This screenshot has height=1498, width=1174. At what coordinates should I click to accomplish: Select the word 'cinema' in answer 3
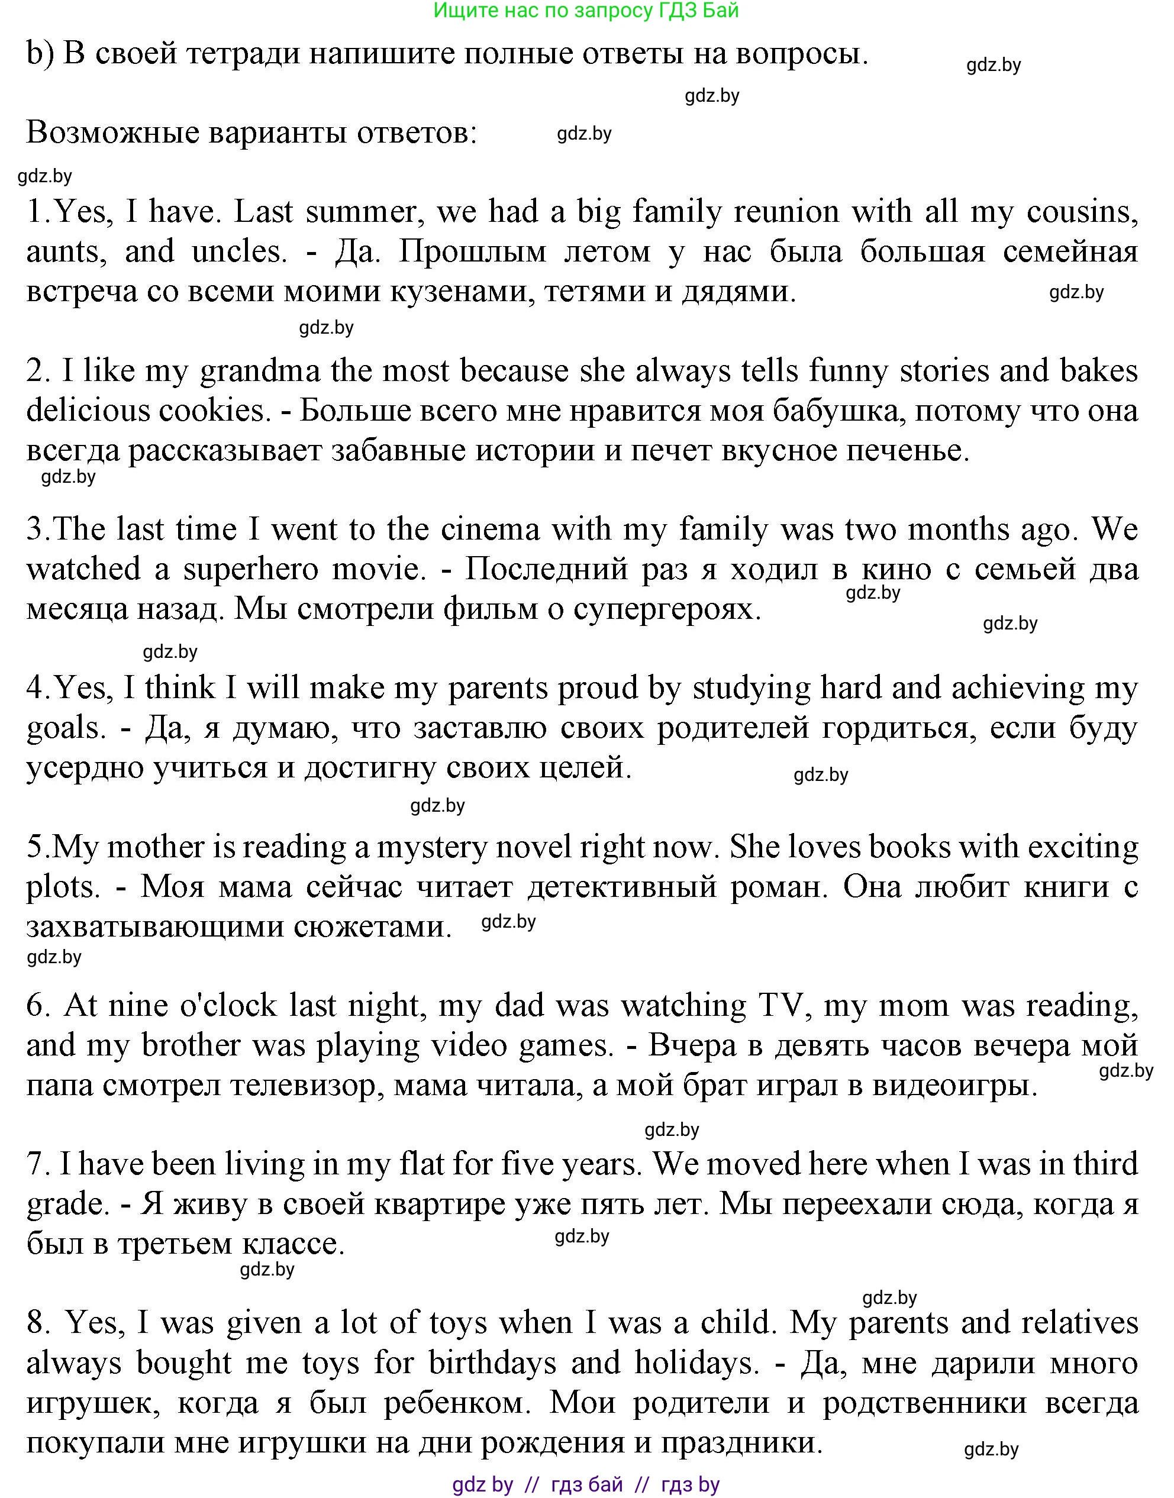pyautogui.click(x=490, y=530)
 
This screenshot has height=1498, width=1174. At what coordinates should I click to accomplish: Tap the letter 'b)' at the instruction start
pyautogui.click(x=40, y=54)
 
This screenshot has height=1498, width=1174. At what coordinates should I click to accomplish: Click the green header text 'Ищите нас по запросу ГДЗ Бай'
pyautogui.click(x=586, y=10)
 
